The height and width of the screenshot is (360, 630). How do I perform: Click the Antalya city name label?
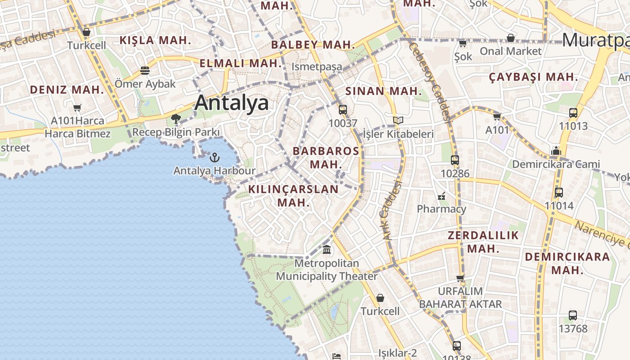point(232,103)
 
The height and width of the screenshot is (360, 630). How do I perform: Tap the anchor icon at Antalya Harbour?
point(215,157)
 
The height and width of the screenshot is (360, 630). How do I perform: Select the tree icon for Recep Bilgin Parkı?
point(176,119)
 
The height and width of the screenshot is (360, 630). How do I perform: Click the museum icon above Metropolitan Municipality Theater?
point(327,249)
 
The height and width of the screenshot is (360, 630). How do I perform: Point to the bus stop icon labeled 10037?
point(343,109)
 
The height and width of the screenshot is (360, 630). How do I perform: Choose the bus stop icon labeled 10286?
point(455,160)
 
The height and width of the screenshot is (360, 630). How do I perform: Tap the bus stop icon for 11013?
point(573,113)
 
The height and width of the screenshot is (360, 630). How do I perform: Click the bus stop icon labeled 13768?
point(573,315)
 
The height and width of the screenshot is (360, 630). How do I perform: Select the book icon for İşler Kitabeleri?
point(398,120)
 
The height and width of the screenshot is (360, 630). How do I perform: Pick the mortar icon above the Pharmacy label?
point(441,196)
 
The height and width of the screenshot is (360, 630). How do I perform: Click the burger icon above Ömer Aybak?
point(144,70)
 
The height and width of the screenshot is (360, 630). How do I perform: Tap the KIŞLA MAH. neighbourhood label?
point(156,40)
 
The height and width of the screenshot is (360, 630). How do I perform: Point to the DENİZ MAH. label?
point(67,90)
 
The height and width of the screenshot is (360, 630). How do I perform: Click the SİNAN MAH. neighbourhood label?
point(384,91)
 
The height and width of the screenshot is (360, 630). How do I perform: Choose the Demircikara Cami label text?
point(556,164)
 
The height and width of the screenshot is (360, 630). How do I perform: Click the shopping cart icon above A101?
point(497,117)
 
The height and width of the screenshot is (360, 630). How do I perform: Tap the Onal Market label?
point(511,51)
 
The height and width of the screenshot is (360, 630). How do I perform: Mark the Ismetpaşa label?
point(317,67)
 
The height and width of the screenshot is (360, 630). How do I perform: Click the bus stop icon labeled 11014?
point(559,193)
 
